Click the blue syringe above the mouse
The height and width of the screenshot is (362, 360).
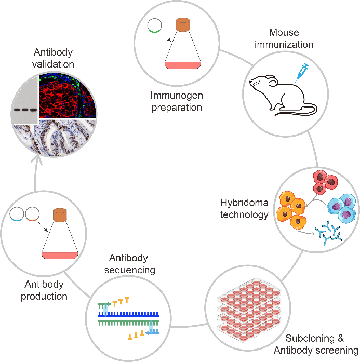[301, 72]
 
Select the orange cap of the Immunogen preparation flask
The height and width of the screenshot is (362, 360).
[183, 24]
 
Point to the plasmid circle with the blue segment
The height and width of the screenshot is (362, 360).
[17, 213]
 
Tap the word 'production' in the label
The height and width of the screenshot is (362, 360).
[44, 297]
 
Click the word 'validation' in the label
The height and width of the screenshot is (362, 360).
[54, 64]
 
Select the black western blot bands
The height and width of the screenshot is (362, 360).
[24, 110]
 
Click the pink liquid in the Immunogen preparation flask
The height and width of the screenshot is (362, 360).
[182, 65]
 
